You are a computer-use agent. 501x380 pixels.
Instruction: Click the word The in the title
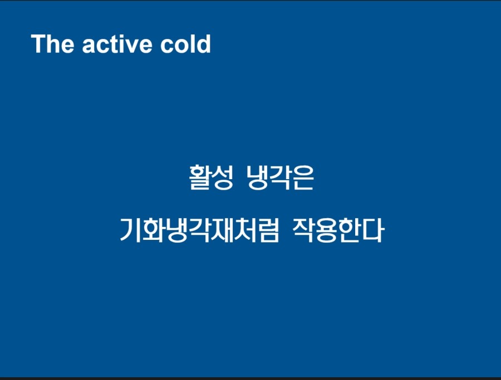tap(52, 44)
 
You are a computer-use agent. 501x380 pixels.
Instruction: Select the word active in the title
tap(117, 44)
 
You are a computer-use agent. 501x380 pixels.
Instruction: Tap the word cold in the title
tap(185, 44)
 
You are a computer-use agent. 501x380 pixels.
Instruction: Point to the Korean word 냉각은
tap(281, 177)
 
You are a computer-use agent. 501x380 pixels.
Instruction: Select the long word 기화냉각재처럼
tap(199, 230)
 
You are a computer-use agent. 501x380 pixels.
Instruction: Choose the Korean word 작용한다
tap(338, 230)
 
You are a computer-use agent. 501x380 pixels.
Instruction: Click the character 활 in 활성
tap(200, 177)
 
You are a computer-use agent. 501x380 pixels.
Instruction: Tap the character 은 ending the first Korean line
tap(303, 178)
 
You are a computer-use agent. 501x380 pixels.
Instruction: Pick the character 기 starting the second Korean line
tap(130, 230)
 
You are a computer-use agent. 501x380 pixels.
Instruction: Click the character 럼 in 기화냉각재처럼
tap(268, 230)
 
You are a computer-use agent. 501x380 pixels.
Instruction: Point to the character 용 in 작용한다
tap(327, 230)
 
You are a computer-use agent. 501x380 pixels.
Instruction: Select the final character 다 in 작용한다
tap(373, 230)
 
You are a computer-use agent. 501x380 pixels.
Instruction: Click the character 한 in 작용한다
tap(350, 230)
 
